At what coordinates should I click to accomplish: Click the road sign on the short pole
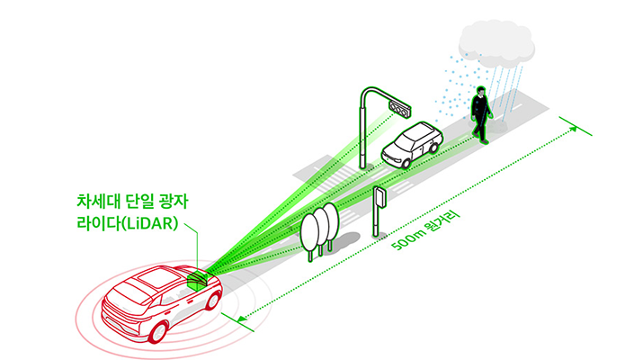point(380,197)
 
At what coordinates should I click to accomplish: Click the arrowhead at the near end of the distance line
point(238,317)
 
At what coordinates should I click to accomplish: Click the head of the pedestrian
point(480,91)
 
